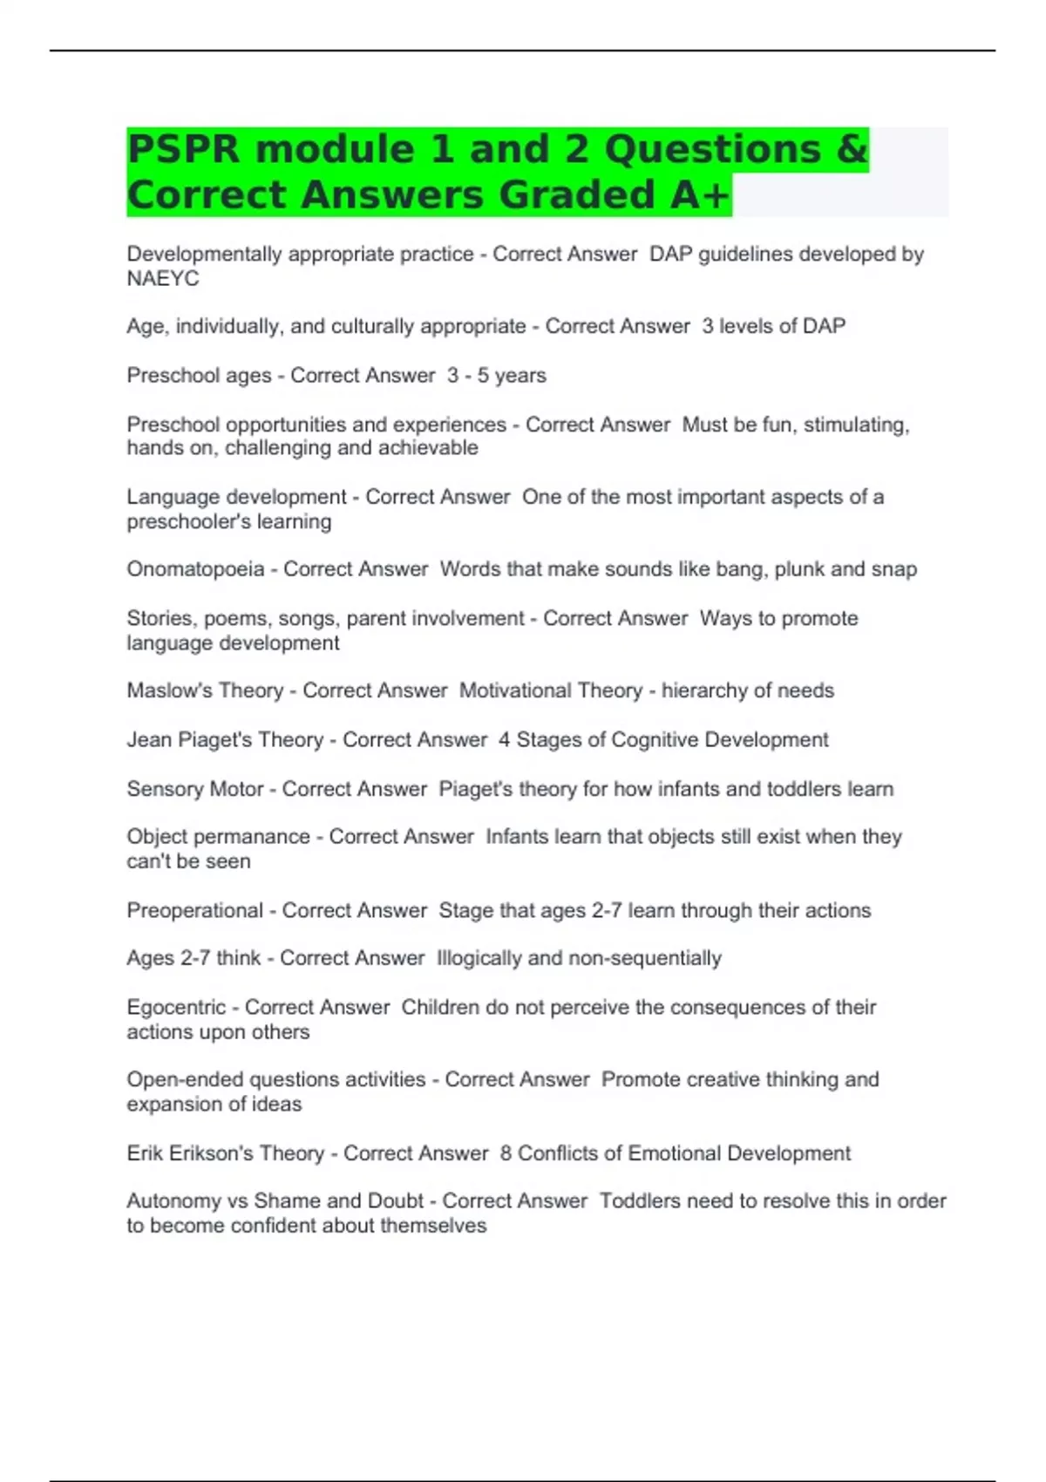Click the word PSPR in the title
183,150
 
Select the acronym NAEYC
163,279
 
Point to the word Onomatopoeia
195,569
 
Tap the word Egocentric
176,1008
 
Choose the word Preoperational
194,911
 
